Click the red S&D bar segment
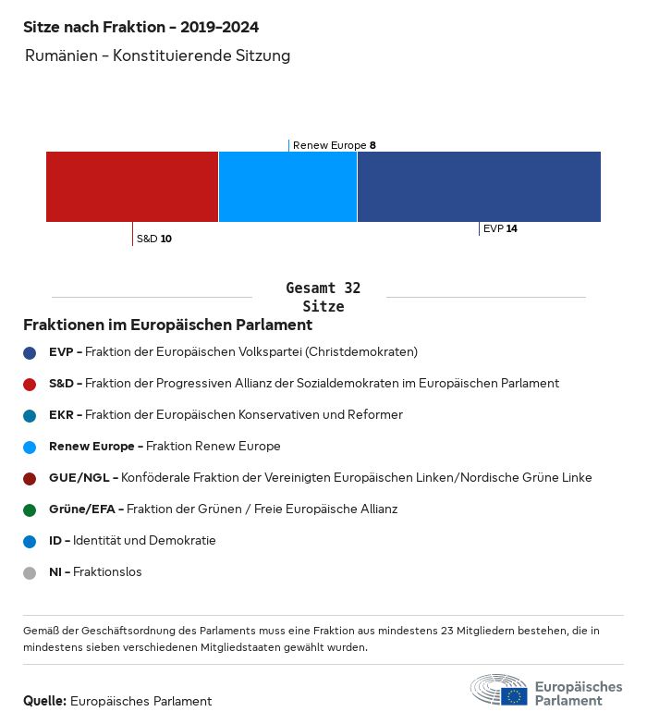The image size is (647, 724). [132, 187]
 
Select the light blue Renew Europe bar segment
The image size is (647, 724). [287, 187]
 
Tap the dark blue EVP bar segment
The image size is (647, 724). [479, 187]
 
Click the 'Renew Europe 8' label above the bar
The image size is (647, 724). [334, 145]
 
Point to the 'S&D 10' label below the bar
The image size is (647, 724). [153, 239]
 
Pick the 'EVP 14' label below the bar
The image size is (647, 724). [500, 228]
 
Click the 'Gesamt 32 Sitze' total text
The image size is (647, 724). [323, 297]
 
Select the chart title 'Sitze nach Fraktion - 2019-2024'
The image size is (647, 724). [140, 27]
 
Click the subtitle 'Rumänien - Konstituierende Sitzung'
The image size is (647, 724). [158, 55]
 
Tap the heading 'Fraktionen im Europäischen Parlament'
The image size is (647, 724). [167, 325]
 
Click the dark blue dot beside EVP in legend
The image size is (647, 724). [30, 352]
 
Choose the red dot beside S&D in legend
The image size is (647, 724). [30, 384]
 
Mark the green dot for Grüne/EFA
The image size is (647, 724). [30, 509]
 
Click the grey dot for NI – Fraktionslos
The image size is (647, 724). [30, 572]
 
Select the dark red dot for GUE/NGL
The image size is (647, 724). [30, 478]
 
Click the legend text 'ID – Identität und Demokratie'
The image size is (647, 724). [132, 540]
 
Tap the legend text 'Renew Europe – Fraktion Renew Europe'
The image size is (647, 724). [165, 446]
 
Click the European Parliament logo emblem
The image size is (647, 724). [499, 690]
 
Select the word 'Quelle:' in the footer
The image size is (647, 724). [44, 701]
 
